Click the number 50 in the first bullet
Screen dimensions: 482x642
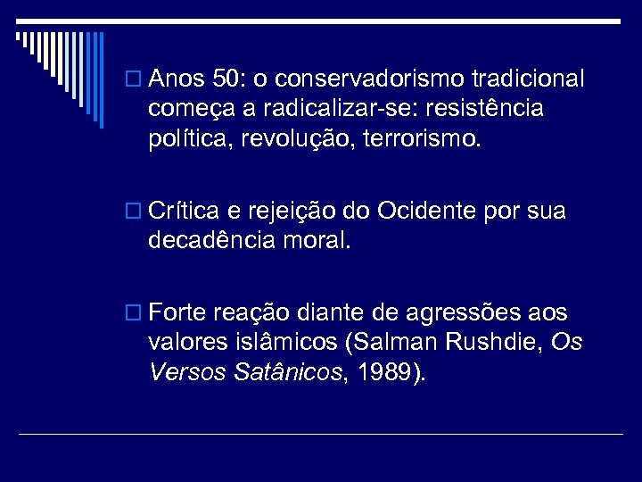230,79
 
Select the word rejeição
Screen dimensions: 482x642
299,212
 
